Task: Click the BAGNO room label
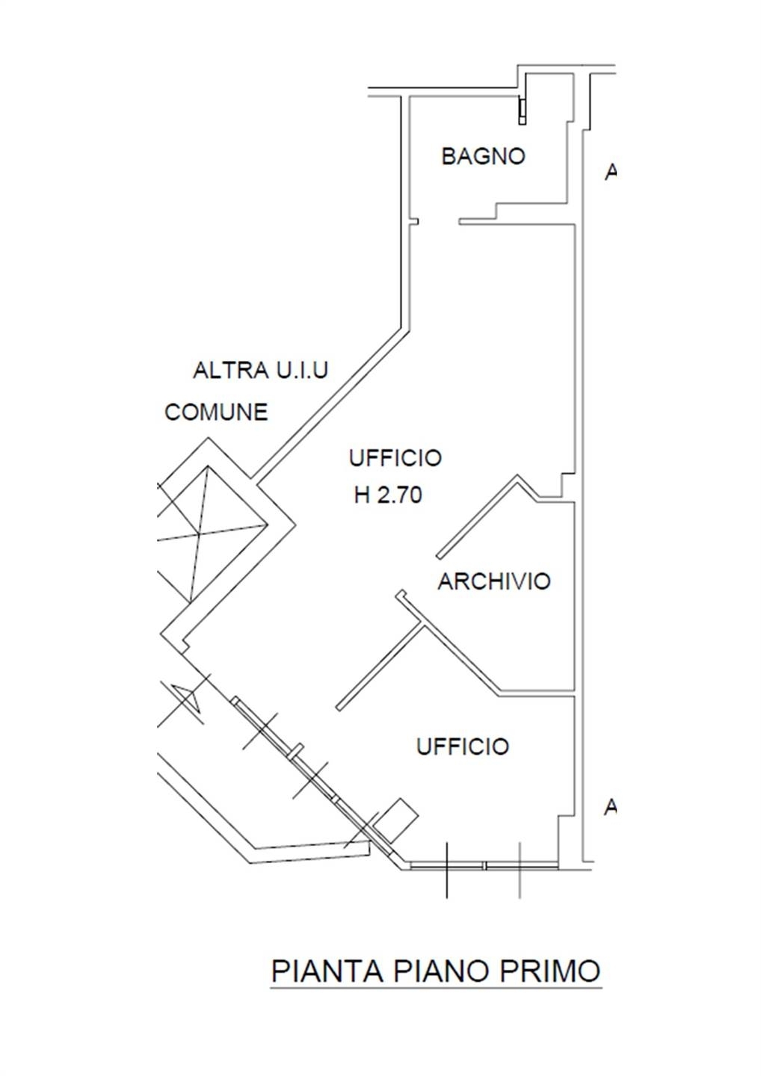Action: [x=483, y=157]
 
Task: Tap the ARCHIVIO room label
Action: [x=494, y=581]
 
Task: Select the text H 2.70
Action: [x=388, y=495]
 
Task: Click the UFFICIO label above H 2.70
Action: [x=395, y=458]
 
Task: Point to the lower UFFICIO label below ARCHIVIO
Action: [x=462, y=746]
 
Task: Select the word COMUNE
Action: [x=216, y=412]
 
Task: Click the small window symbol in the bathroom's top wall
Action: [x=523, y=111]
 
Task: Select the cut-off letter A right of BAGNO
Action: [x=610, y=172]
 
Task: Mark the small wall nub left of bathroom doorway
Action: [x=413, y=222]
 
